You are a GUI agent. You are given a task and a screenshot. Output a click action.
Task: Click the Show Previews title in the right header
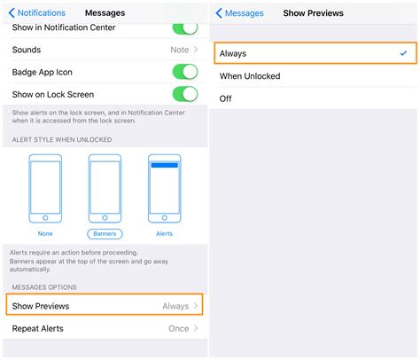pyautogui.click(x=313, y=13)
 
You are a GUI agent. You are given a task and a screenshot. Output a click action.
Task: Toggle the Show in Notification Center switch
pyautogui.click(x=184, y=29)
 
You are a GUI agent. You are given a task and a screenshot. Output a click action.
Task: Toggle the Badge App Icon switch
pyautogui.click(x=184, y=72)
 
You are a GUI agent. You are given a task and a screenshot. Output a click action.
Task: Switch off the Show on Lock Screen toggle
pyautogui.click(x=184, y=94)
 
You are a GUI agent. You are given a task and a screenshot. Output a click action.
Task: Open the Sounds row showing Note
pyautogui.click(x=105, y=51)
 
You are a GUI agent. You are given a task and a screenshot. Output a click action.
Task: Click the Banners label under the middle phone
pyautogui.click(x=105, y=234)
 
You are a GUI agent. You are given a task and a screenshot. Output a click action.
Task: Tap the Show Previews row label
pyautogui.click(x=41, y=306)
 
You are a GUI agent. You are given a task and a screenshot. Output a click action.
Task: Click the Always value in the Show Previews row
pyautogui.click(x=175, y=306)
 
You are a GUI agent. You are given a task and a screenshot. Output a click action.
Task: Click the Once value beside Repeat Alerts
pyautogui.click(x=178, y=329)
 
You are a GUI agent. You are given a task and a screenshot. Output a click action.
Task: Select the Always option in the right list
pyautogui.click(x=233, y=54)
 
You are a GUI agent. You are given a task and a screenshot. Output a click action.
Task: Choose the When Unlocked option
pyautogui.click(x=250, y=76)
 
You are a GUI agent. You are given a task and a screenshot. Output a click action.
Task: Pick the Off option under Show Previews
pyautogui.click(x=226, y=98)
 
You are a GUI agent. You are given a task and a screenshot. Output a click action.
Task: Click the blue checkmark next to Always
pyautogui.click(x=404, y=54)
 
